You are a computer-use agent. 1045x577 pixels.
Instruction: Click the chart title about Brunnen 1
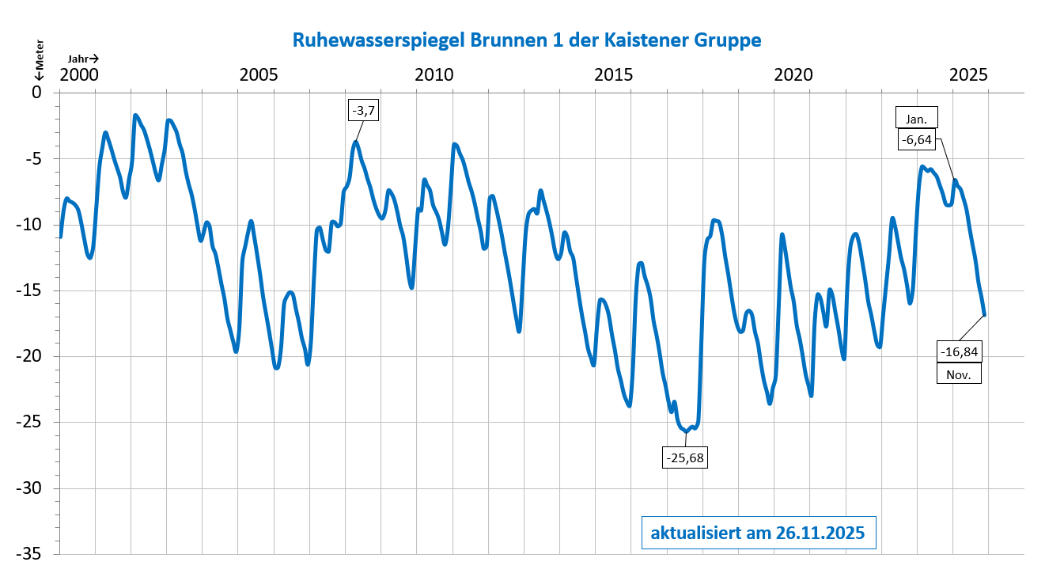pyautogui.click(x=526, y=40)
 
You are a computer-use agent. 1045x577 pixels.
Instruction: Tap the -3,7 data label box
pyautogui.click(x=365, y=110)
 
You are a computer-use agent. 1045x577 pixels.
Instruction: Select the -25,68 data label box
pyautogui.click(x=685, y=457)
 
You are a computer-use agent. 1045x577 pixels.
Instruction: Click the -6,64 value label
pyautogui.click(x=917, y=140)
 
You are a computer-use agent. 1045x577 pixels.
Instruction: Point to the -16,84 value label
pyautogui.click(x=959, y=351)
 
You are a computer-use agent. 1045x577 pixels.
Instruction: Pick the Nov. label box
pyautogui.click(x=959, y=373)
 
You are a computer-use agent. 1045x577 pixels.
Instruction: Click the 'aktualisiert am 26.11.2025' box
pyautogui.click(x=752, y=533)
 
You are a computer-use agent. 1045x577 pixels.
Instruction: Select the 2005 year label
pyautogui.click(x=258, y=75)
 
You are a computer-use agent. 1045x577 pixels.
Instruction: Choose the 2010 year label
pyautogui.click(x=436, y=75)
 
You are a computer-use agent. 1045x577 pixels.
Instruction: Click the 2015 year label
pyautogui.click(x=614, y=75)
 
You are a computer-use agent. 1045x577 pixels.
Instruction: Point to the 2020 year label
pyautogui.click(x=793, y=75)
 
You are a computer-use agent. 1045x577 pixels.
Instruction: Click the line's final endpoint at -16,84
pyautogui.click(x=985, y=315)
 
